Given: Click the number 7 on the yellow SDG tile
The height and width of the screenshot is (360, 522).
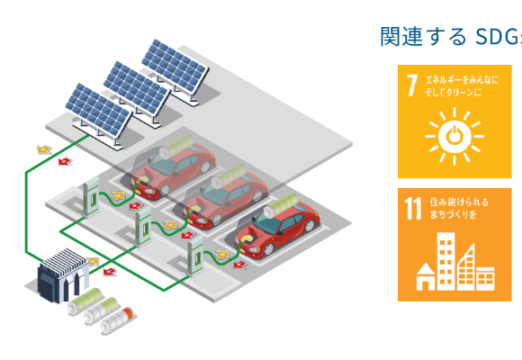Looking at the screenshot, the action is point(412,85).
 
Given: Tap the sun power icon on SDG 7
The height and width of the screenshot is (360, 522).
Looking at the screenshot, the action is point(454,136).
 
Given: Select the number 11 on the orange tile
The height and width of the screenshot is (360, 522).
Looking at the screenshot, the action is point(413,209).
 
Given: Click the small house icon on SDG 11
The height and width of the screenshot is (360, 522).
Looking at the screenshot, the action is point(426,276).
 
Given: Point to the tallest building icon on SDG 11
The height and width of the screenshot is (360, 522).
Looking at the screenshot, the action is point(445,261).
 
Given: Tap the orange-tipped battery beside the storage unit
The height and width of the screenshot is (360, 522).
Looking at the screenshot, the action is point(118,319).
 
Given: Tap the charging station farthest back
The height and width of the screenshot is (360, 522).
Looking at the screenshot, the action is point(91,196).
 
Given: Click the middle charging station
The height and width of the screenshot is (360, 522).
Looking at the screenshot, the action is point(143,226).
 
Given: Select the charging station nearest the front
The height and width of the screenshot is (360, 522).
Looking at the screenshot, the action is point(195,256).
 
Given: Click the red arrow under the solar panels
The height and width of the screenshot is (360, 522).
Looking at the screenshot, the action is point(65,161).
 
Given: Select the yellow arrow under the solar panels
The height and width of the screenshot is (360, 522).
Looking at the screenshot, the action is point(44,149).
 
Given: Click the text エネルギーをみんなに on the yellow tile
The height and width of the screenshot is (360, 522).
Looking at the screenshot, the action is point(462,80).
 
